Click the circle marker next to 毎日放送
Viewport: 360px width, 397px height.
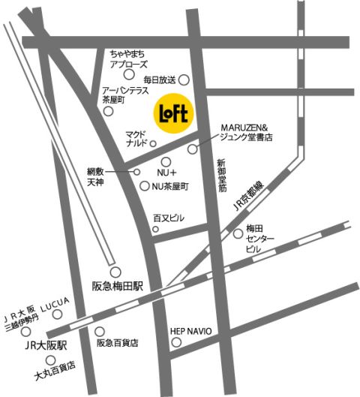[183, 80]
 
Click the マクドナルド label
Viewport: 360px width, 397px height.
[137, 138]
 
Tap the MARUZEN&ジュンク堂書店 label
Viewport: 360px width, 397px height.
[245, 134]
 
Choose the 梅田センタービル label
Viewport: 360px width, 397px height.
[260, 238]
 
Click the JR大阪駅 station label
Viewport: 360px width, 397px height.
[44, 347]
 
